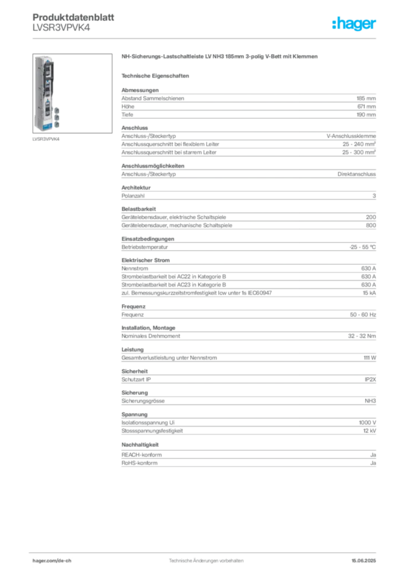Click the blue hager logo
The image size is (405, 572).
(355, 24)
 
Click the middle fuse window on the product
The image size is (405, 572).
(47, 89)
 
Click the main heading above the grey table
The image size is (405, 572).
(222, 58)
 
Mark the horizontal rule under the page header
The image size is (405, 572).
(206, 39)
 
